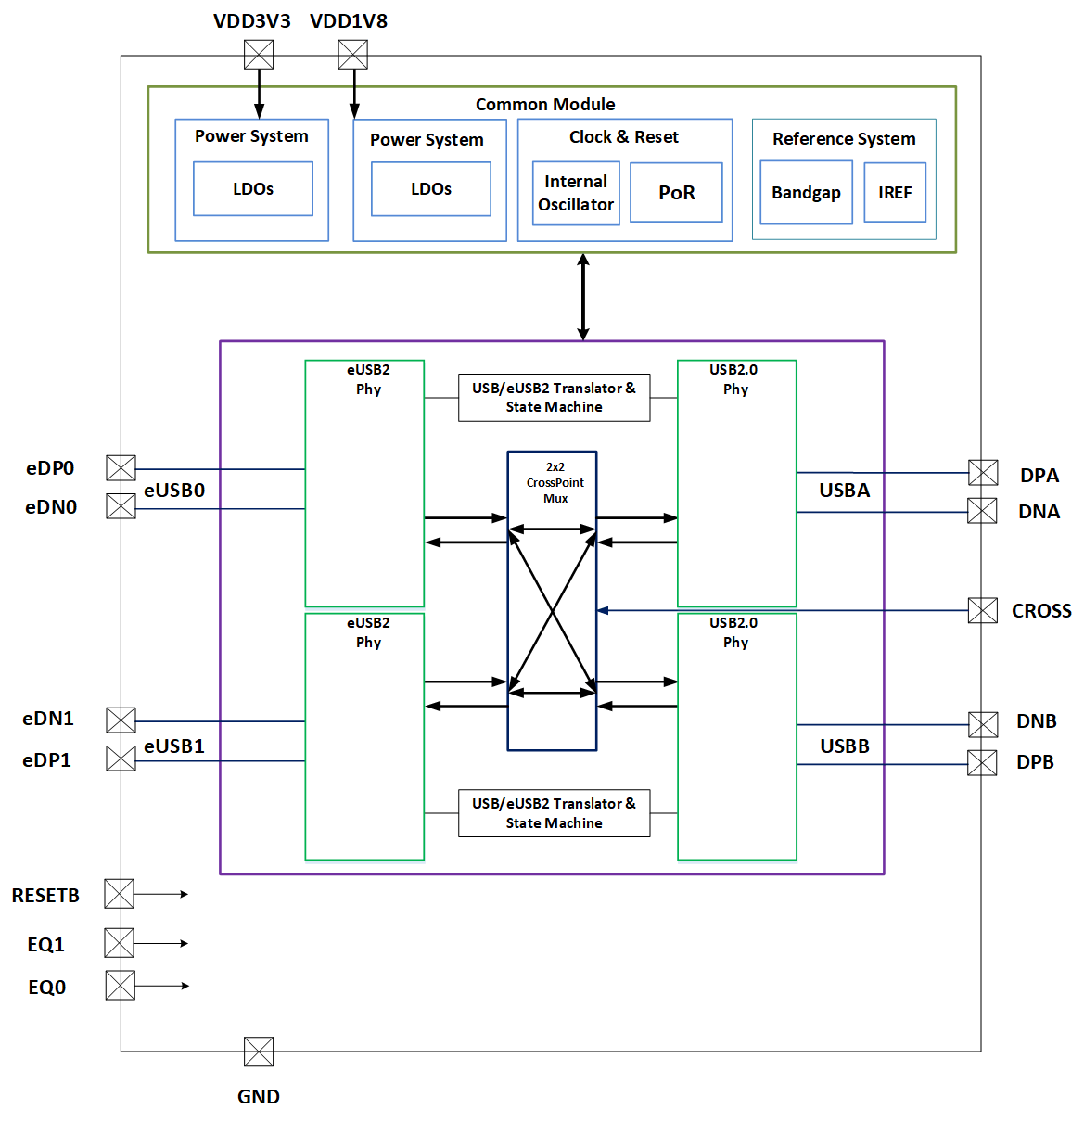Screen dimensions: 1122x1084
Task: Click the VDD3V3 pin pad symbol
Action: pos(259,54)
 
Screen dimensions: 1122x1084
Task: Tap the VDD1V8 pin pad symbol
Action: pos(352,54)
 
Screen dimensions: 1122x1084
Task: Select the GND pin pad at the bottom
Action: pos(259,1052)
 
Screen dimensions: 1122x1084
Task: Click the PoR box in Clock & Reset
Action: pos(676,193)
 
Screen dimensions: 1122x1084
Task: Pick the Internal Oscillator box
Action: pos(576,193)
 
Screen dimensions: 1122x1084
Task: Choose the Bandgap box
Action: pos(806,193)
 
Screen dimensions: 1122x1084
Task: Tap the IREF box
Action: pos(895,193)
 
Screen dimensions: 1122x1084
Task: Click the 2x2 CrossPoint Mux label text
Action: pos(555,482)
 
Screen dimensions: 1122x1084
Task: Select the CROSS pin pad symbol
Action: pos(983,610)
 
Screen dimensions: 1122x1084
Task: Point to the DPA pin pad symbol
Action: pos(983,473)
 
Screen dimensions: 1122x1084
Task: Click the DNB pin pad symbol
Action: pos(983,724)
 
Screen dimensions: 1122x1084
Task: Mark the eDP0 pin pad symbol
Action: pos(121,468)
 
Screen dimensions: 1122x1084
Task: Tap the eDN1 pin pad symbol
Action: pos(121,720)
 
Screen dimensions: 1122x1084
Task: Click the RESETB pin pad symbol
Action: pos(119,894)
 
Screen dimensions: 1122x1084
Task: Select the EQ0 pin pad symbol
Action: pos(121,985)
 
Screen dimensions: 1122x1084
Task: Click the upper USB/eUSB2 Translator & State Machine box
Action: pos(554,398)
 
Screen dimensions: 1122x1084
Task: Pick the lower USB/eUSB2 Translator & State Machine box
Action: pos(554,813)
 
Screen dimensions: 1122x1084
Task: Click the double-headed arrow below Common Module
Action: pos(582,297)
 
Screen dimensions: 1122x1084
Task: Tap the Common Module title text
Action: pos(545,105)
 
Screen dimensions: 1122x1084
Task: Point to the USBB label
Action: pos(844,746)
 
